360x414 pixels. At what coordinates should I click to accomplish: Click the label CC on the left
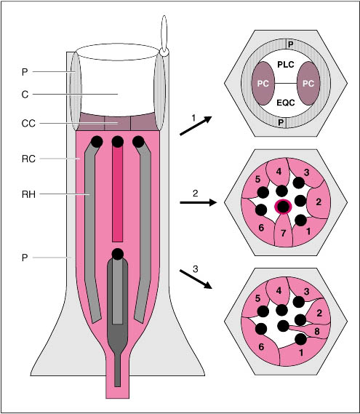(x=28, y=123)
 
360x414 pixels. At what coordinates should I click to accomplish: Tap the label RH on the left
(x=28, y=194)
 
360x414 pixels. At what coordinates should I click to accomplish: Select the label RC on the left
(x=28, y=159)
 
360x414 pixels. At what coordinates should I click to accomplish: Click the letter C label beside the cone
(x=25, y=95)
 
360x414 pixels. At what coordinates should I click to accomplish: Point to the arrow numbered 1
(x=196, y=126)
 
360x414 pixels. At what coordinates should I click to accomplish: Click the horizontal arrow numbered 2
(x=199, y=202)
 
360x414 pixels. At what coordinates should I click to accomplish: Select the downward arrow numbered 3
(x=196, y=279)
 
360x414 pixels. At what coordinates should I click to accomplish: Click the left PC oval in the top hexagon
(x=263, y=84)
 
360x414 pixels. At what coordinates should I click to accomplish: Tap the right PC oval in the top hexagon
(x=308, y=84)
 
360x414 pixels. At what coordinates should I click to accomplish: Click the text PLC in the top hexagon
(x=286, y=65)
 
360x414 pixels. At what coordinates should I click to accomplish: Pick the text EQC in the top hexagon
(x=286, y=103)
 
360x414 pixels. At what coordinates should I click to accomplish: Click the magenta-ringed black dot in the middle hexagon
(x=283, y=207)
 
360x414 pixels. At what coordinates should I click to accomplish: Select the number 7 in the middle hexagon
(x=283, y=233)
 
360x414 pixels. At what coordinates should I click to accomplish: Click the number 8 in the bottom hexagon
(x=317, y=331)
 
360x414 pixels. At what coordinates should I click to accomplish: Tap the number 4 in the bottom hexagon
(x=279, y=291)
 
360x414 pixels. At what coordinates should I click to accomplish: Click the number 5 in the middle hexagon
(x=258, y=180)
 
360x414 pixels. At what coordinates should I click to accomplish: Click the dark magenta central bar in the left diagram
(x=117, y=194)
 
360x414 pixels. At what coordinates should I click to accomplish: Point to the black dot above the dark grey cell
(x=117, y=254)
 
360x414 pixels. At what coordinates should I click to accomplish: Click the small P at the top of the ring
(x=291, y=44)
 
